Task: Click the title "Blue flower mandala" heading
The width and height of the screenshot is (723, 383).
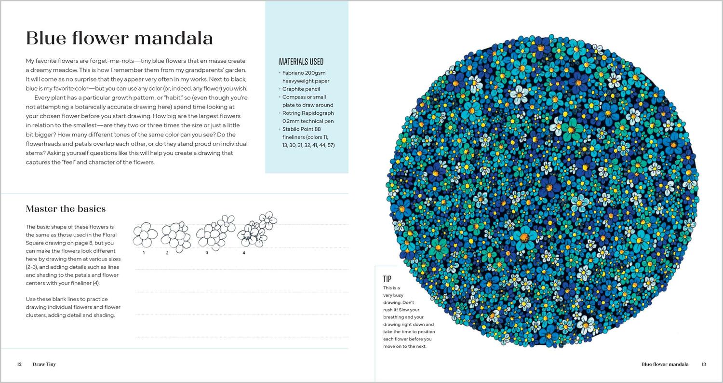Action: pos(120,38)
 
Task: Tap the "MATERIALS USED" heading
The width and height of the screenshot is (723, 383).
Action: pos(301,62)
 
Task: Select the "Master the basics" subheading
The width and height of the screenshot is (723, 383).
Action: pos(66,209)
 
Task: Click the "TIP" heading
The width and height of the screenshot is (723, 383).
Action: pos(388,279)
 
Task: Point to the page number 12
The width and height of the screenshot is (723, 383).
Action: pos(19,364)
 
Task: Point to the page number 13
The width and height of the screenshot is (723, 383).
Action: pos(703,364)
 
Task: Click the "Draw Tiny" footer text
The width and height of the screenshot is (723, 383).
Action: pos(44,364)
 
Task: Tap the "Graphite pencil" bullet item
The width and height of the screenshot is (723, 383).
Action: pos(301,89)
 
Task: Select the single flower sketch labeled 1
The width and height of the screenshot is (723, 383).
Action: pos(145,235)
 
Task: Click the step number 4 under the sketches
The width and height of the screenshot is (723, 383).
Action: pos(244,253)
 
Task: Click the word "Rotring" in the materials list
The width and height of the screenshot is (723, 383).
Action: pos(292,113)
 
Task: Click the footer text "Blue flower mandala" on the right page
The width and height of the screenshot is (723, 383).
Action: pos(665,364)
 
